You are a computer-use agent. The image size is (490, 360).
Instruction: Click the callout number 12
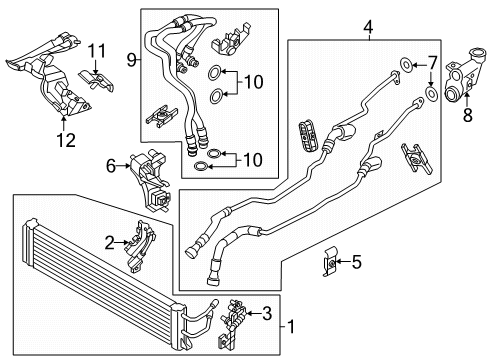(x=66, y=140)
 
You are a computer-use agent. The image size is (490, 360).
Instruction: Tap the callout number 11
(x=96, y=51)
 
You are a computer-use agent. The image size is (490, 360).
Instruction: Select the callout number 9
(x=132, y=60)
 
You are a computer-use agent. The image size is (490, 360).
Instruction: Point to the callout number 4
(x=368, y=27)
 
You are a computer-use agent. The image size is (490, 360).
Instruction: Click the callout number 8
(x=468, y=115)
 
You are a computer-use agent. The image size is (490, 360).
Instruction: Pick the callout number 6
(x=111, y=166)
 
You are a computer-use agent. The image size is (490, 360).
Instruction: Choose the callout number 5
(x=356, y=262)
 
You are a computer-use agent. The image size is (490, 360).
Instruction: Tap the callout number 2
(x=109, y=243)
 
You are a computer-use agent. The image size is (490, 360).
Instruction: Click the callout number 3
(x=267, y=313)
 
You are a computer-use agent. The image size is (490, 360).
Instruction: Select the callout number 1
(x=291, y=327)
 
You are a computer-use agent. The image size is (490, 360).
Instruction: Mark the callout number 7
(x=432, y=63)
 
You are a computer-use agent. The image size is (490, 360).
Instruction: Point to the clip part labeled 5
(x=329, y=262)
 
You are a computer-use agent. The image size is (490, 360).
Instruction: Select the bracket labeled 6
(x=152, y=180)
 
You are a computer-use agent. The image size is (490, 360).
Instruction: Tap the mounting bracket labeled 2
(x=140, y=247)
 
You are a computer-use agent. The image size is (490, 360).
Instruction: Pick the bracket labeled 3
(x=233, y=323)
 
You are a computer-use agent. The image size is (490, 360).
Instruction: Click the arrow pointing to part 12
(x=64, y=122)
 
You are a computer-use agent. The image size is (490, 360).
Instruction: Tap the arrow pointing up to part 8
(x=467, y=99)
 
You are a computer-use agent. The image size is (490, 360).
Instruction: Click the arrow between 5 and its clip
(x=342, y=262)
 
